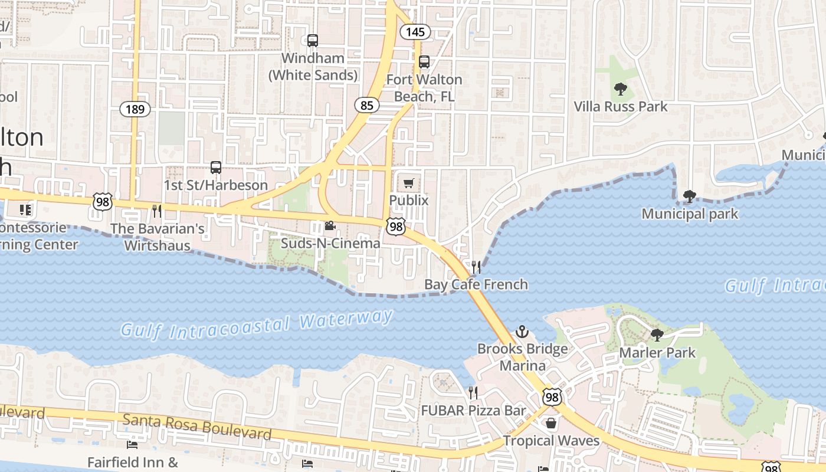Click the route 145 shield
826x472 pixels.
tap(415, 31)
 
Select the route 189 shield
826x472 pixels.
tap(135, 109)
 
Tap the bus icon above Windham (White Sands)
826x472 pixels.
tap(313, 41)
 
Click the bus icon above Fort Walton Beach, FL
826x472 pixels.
tap(424, 62)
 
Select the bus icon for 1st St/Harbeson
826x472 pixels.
tap(216, 168)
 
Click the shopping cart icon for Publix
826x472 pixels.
tap(409, 183)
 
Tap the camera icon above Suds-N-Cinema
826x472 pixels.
tap(330, 226)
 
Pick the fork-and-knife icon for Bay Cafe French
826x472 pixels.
tap(476, 267)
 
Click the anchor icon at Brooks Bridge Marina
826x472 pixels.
tap(522, 332)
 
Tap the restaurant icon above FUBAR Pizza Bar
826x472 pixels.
tap(473, 392)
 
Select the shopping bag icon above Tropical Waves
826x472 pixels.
tap(550, 423)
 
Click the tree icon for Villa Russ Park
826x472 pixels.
tap(620, 89)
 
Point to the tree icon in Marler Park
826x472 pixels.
tap(657, 335)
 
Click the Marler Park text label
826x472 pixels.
tap(657, 353)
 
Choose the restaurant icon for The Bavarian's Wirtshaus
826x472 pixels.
tap(157, 211)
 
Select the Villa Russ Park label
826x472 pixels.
tap(621, 107)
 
